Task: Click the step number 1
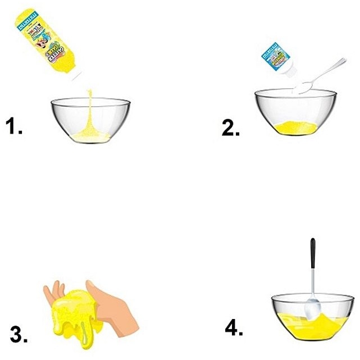[14, 127]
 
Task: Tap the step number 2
[230, 128]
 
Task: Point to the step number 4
[234, 327]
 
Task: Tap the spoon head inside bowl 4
[312, 309]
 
